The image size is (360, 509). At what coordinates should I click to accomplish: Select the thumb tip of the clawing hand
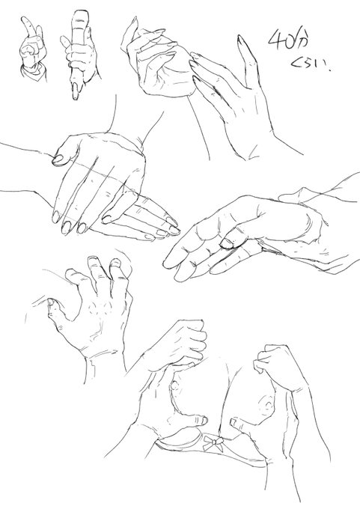coord(52,303)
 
